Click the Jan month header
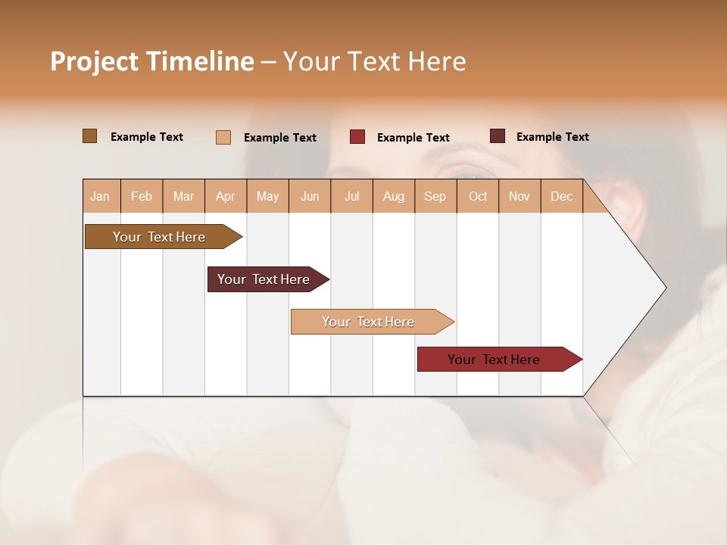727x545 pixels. point(101,196)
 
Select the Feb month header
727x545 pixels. point(142,196)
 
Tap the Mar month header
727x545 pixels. point(183,196)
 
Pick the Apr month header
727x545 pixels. point(226,196)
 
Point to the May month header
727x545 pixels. point(267,196)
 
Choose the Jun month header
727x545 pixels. point(310,196)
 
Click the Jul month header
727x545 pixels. point(351,196)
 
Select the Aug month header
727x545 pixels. point(394,196)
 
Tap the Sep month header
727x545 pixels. point(435,196)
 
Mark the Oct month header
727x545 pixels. point(478,196)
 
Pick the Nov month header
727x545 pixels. point(520,196)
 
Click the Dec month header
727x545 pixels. point(562,196)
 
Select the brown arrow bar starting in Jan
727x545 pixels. point(160,237)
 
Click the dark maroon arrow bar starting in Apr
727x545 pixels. point(264,279)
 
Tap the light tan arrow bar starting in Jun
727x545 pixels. point(369,322)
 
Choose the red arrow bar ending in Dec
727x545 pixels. point(495,360)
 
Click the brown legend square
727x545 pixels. point(90,136)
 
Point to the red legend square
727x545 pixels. point(357,137)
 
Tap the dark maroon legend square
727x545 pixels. point(498,136)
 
